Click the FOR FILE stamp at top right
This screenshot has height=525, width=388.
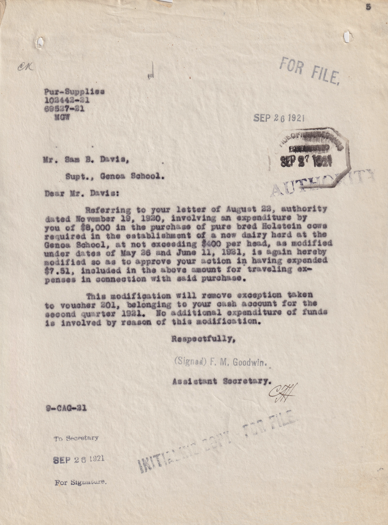coord(310,70)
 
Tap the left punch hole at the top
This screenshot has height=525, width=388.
coord(40,42)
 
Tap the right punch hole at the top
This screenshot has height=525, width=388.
coord(347,37)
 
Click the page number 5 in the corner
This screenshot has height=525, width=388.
coord(368,6)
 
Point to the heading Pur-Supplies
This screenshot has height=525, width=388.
coord(74,92)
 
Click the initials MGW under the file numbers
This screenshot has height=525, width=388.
coord(60,117)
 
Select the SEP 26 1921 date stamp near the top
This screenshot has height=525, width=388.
coord(278,118)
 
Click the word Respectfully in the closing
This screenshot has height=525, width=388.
coord(203,339)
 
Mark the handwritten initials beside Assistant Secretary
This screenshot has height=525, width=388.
coord(283,391)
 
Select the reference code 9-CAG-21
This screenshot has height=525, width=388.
coord(66,408)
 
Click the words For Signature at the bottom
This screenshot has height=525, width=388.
coord(80,483)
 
